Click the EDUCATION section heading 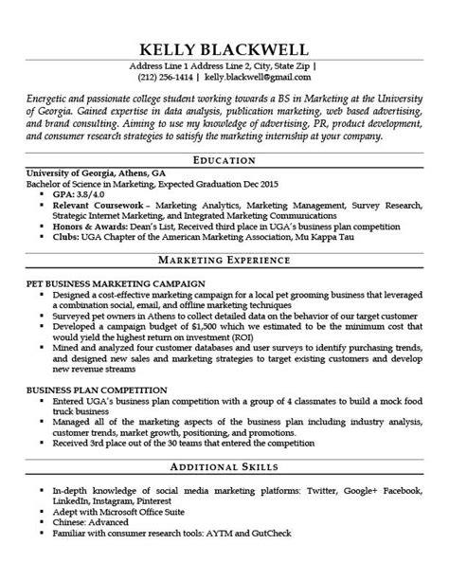pyautogui.click(x=224, y=160)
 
